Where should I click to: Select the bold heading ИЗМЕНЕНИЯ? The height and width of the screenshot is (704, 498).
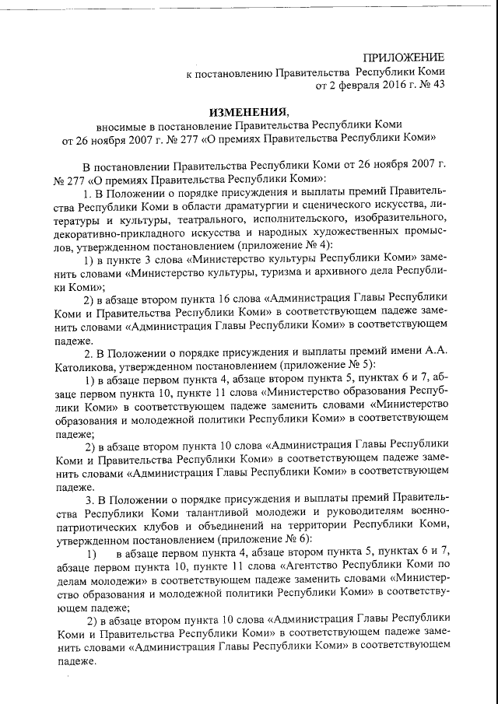click(249, 111)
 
